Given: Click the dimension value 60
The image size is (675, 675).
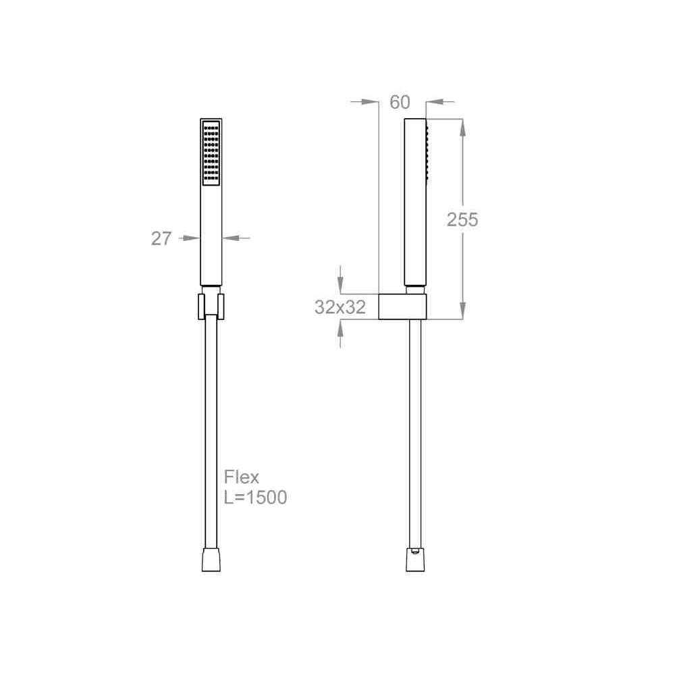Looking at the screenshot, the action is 400,102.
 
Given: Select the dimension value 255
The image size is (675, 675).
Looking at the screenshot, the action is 462,219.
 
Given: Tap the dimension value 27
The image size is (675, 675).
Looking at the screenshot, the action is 161,238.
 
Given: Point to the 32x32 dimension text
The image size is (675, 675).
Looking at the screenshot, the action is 340,307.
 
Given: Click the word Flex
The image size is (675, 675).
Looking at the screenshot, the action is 242,477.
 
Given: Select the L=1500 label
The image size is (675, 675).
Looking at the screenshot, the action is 255,497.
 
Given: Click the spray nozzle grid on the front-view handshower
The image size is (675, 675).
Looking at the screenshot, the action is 211,153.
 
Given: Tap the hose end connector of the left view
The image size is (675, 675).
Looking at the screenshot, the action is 211,560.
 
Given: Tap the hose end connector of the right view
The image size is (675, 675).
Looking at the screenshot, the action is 415,560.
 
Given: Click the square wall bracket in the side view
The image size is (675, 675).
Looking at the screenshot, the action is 402,307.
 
